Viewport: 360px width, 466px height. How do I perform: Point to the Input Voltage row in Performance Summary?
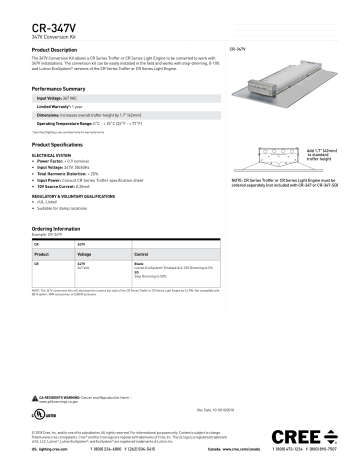(58, 99)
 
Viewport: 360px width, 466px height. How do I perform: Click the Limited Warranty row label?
(54, 108)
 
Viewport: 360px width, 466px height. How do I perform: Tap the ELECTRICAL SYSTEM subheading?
(53, 156)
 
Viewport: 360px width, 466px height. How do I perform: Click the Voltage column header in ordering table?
(85, 255)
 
